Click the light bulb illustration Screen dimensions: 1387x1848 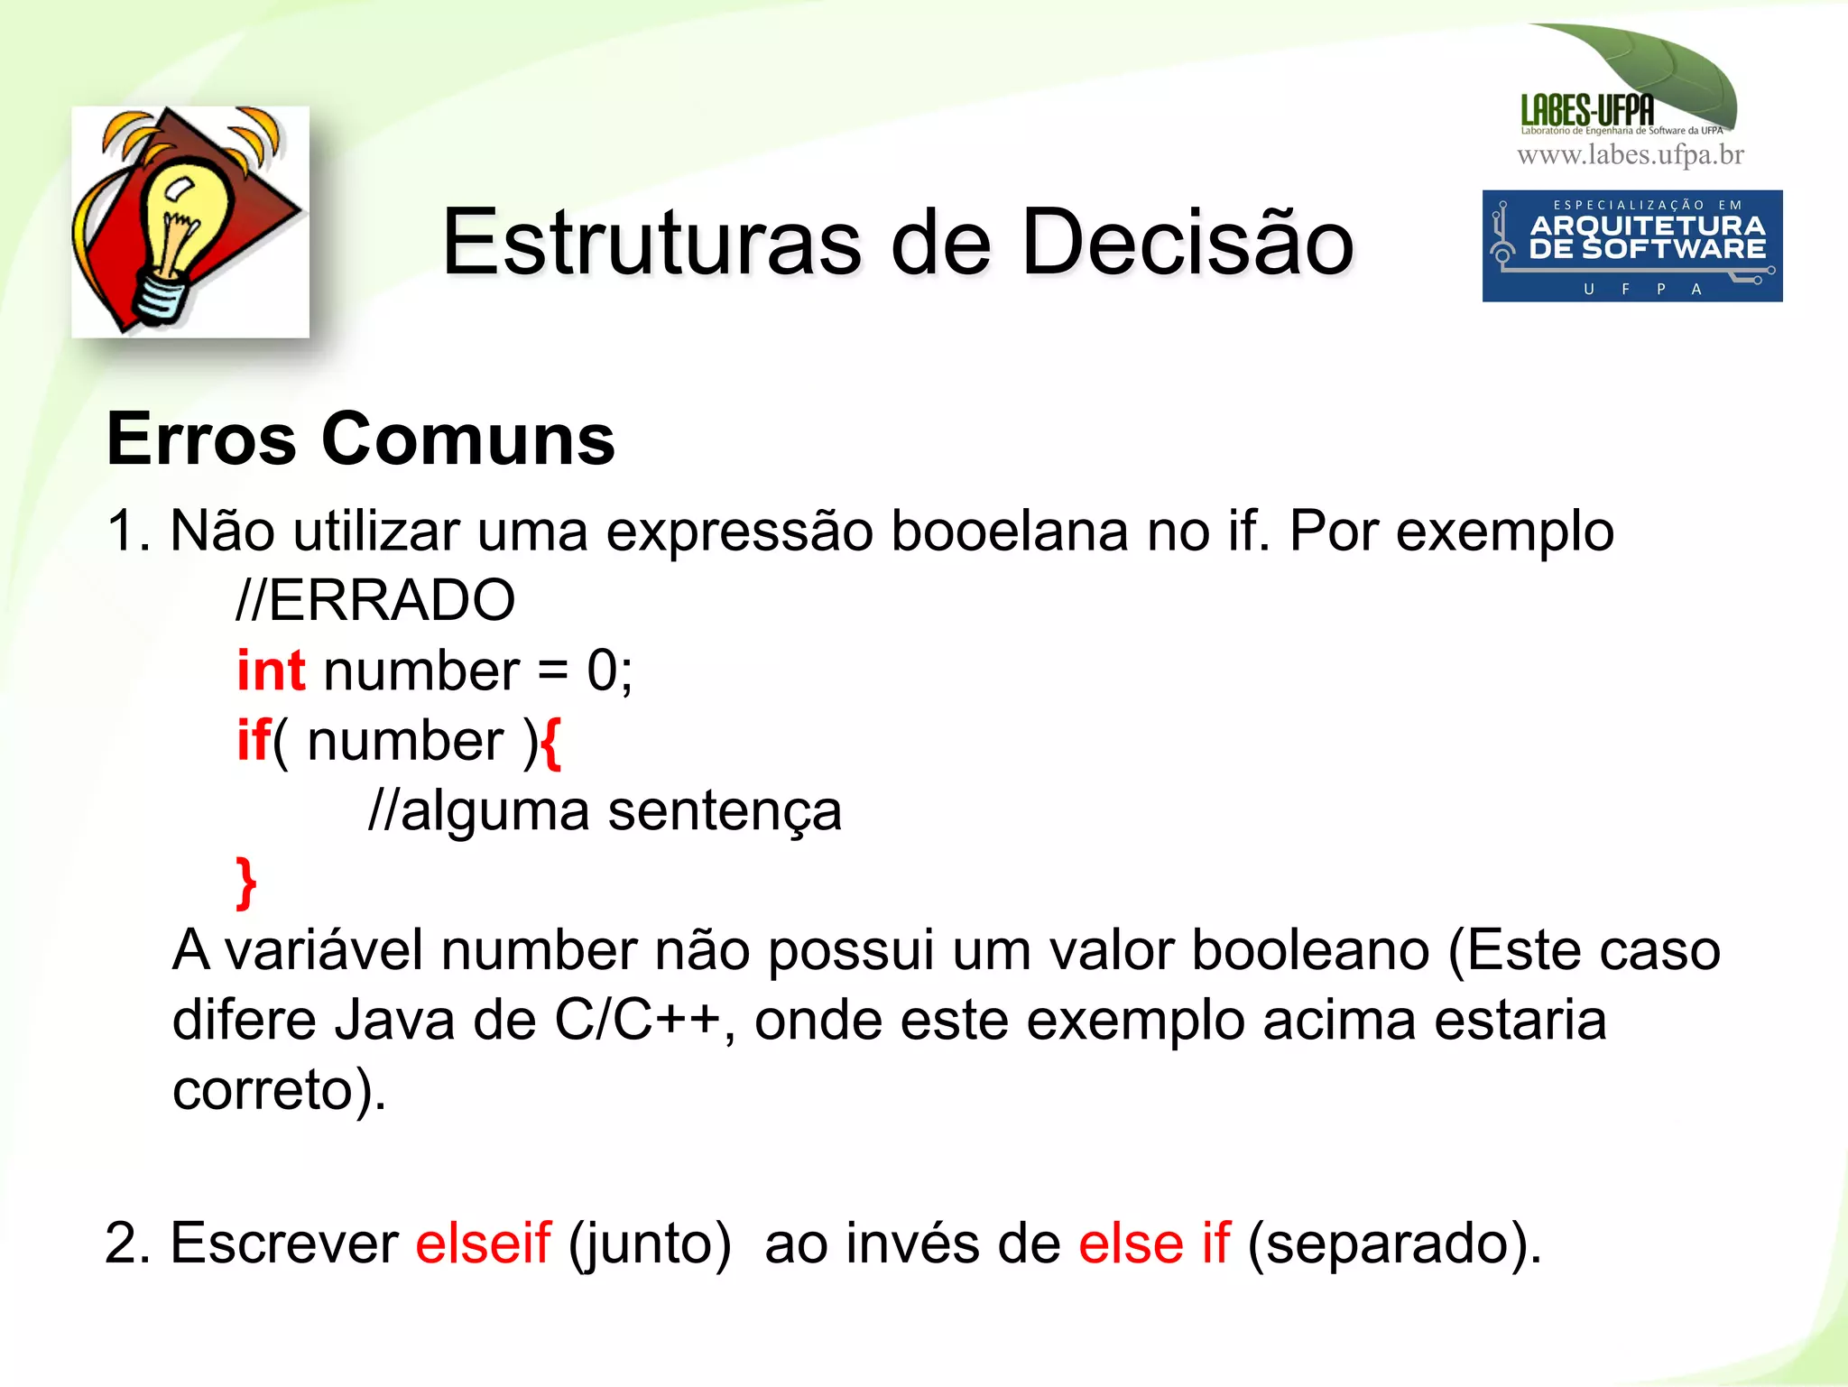(x=189, y=222)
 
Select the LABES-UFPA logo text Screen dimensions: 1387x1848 (x=1587, y=111)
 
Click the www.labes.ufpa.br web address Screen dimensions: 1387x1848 (x=1631, y=155)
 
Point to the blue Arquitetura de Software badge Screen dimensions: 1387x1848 (x=1631, y=245)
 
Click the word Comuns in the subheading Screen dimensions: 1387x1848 (x=468, y=439)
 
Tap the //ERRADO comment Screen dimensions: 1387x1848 (x=375, y=600)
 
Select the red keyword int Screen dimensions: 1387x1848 (x=271, y=670)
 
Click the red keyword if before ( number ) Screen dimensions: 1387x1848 (x=253, y=741)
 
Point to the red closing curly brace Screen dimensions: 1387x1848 (x=245, y=883)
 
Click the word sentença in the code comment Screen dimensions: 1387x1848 (x=725, y=811)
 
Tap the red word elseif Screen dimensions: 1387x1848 (x=483, y=1243)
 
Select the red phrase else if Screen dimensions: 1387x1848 (x=1154, y=1243)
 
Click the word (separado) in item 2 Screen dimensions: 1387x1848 (x=1393, y=1244)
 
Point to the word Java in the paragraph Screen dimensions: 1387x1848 (x=394, y=1021)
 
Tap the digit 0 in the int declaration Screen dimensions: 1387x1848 (x=602, y=670)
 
